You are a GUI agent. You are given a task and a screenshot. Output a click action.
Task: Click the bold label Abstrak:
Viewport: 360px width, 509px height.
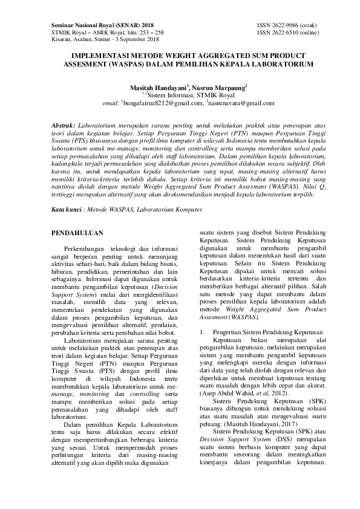point(62,123)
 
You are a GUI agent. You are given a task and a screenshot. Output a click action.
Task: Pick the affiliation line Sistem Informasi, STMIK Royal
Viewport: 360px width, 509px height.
point(182,95)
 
